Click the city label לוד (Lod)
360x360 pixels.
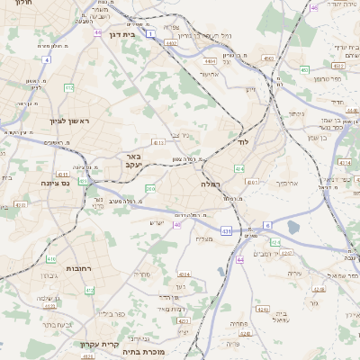[x=242, y=142]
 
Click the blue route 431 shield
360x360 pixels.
[x=226, y=231]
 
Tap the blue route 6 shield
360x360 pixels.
[x=266, y=225]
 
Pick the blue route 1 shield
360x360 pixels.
[x=151, y=33]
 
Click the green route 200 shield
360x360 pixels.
[x=150, y=188]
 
